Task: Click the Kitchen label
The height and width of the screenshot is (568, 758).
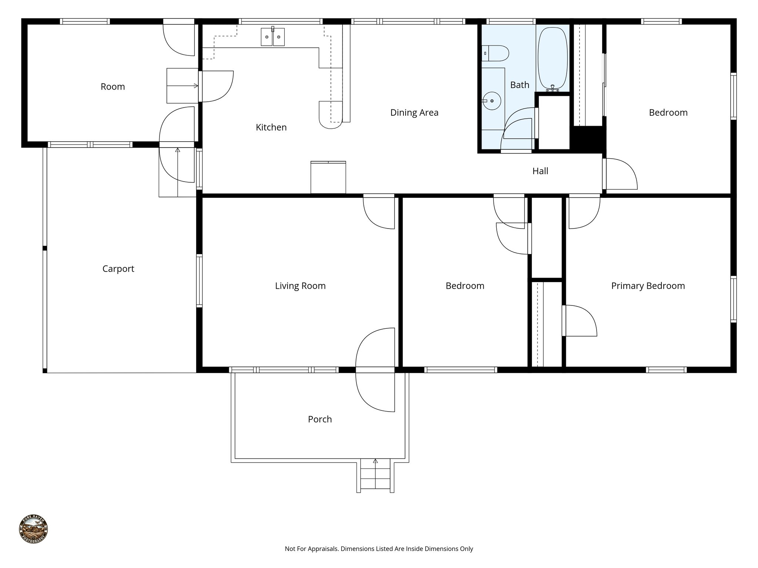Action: coord(271,127)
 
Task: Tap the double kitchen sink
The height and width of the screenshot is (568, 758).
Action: coord(273,37)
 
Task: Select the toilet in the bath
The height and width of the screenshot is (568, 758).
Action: coord(496,53)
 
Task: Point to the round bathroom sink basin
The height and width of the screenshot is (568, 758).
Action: coord(492,101)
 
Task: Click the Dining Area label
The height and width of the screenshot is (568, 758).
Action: coord(414,112)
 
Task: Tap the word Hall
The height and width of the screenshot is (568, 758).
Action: coord(540,171)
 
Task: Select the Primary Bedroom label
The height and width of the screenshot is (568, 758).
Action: coord(648,285)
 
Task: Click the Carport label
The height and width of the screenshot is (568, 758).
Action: coord(118,268)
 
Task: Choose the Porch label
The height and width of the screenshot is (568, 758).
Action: coord(320,419)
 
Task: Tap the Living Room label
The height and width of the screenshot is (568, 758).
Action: coord(300,285)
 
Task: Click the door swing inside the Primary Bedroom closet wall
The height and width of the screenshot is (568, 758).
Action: coord(580,320)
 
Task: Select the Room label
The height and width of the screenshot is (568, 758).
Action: coord(113,87)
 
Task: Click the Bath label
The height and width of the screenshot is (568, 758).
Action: coord(519,85)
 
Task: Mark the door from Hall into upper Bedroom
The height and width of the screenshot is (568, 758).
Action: coord(620,174)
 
